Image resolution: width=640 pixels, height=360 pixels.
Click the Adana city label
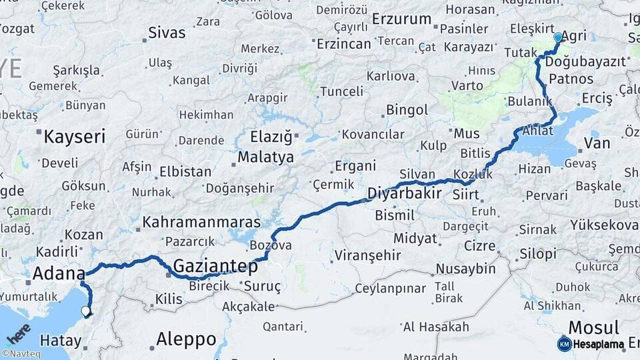tap(59, 273)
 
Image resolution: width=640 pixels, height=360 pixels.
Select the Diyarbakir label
tap(404, 194)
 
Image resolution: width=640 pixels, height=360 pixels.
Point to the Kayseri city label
tap(74, 137)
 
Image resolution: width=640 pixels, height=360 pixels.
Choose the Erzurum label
tap(401, 19)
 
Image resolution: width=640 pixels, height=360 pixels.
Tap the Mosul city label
tap(593, 327)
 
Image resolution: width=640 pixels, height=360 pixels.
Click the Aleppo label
tap(186, 339)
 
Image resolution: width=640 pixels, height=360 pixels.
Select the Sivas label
tap(167, 32)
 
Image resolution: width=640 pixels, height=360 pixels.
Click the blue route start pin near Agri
tap(558, 38)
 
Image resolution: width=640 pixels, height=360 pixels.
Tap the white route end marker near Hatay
tap(85, 311)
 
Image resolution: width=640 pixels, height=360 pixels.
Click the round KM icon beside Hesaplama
tap(564, 344)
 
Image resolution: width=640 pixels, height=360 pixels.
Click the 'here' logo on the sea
tap(19, 333)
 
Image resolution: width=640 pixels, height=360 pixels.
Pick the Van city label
tap(596, 143)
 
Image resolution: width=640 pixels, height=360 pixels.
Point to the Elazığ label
tap(271, 138)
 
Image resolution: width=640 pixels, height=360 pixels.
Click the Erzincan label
tap(343, 44)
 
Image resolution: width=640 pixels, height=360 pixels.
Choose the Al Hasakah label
tap(435, 327)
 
